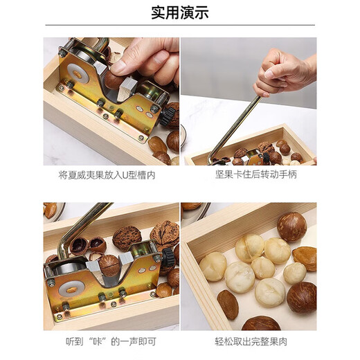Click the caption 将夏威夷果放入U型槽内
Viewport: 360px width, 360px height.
coord(107,175)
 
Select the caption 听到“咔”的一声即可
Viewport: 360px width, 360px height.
coord(107,340)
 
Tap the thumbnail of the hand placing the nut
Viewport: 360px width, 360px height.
coord(111,100)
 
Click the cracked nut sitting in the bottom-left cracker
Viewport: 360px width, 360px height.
coord(109,264)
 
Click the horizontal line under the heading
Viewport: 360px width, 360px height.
coord(180,26)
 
